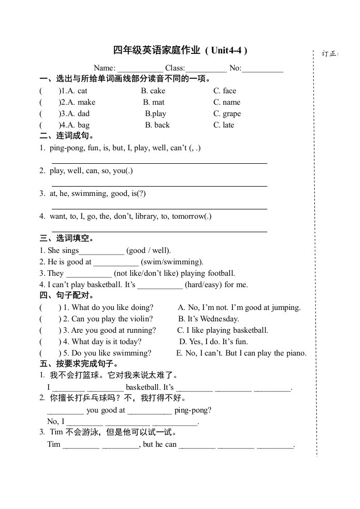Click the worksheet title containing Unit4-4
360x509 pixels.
180,50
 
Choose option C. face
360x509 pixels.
225,91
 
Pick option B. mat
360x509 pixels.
154,102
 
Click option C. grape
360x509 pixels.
227,114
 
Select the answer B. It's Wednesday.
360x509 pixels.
209,319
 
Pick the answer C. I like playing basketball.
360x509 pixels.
223,330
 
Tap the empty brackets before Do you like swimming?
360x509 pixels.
50,353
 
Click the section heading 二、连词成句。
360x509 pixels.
67,136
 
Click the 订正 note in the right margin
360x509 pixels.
329,53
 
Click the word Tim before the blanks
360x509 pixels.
54,444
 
